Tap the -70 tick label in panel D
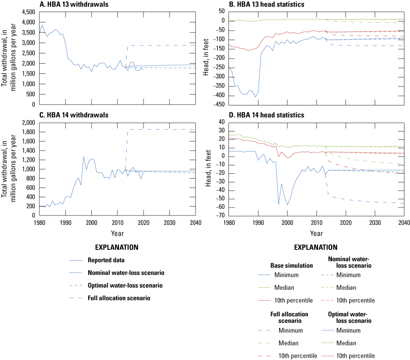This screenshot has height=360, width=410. tap(218, 216)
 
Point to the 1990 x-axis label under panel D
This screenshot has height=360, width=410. tap(258, 222)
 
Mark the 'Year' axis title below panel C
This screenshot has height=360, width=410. tap(117, 232)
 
